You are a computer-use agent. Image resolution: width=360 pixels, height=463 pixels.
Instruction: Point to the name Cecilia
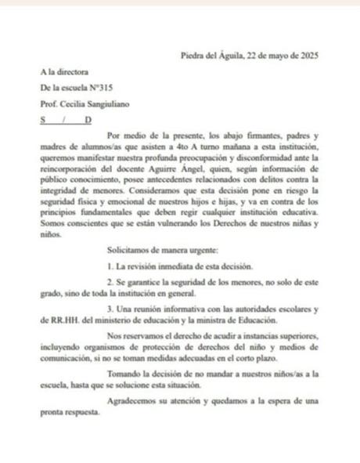point(73,103)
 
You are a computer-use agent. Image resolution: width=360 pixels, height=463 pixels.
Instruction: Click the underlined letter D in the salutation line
point(88,119)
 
